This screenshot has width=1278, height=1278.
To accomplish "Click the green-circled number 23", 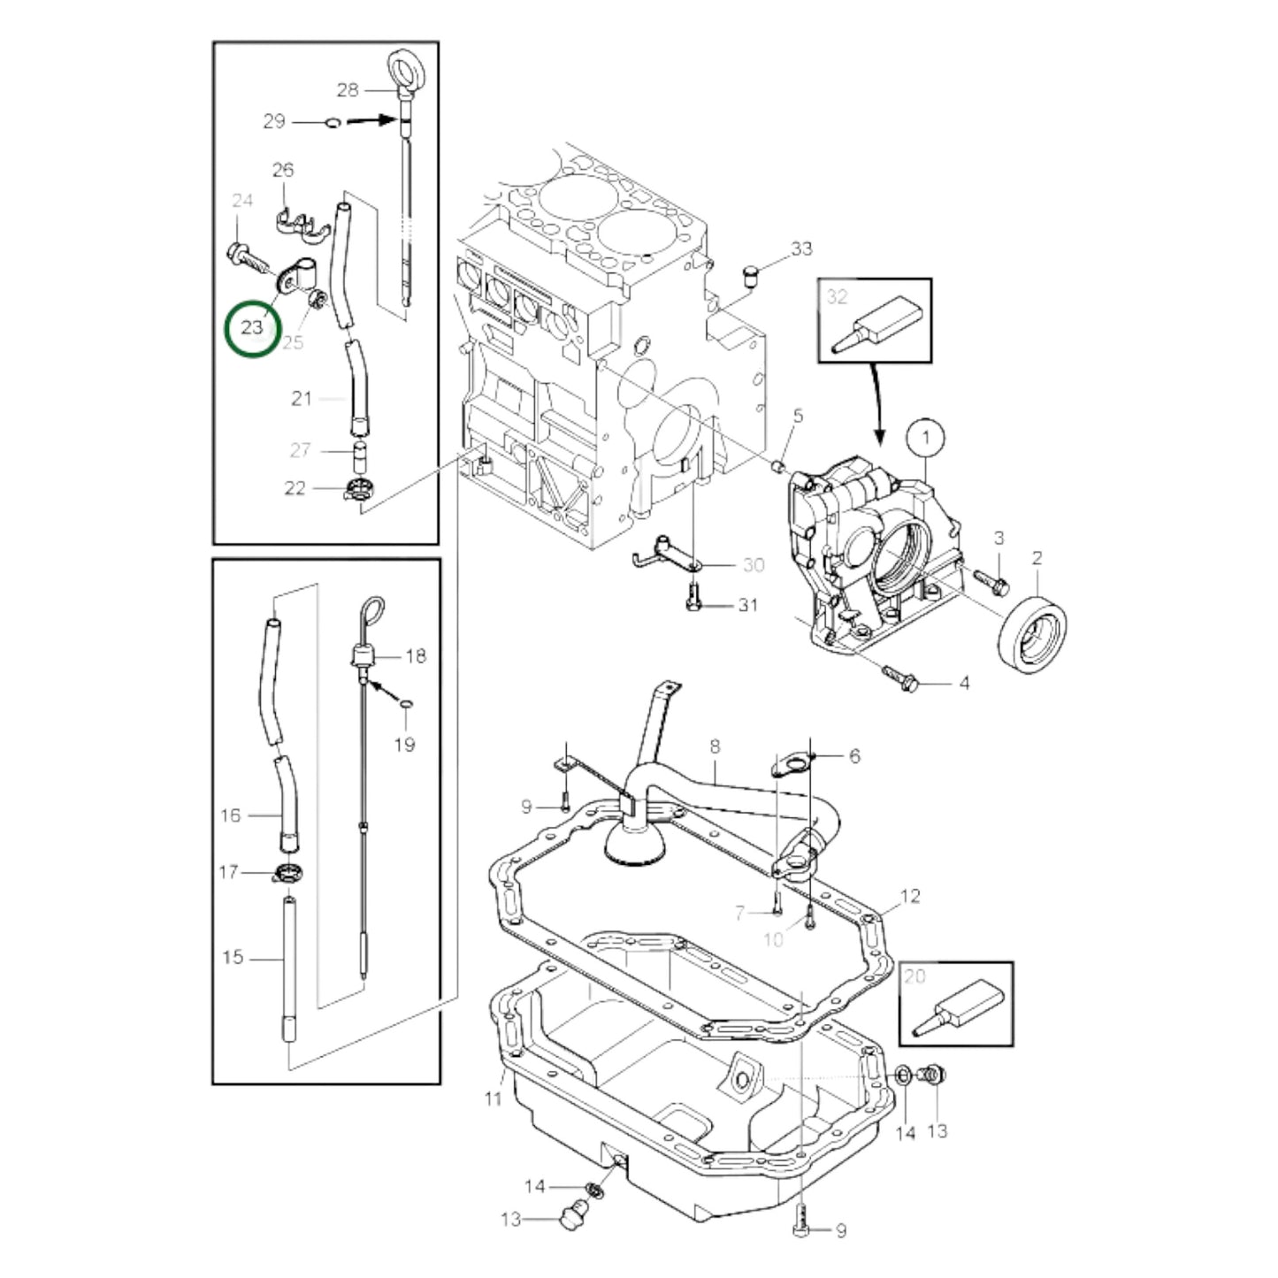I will pyautogui.click(x=252, y=327).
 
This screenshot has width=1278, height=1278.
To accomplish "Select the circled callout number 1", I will pyautogui.click(x=926, y=437).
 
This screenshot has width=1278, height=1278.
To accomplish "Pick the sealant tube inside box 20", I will pyautogui.click(x=959, y=1008).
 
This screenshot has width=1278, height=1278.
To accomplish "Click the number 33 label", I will pyautogui.click(x=801, y=249).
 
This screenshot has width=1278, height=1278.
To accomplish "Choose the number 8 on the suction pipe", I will pyautogui.click(x=715, y=747).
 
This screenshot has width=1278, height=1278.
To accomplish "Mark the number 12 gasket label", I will pyautogui.click(x=911, y=896).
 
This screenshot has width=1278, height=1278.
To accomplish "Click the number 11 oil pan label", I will pyautogui.click(x=494, y=1098).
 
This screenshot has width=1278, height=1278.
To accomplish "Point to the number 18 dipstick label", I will pyautogui.click(x=416, y=655).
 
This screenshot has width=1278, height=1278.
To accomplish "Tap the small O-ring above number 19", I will pyautogui.click(x=405, y=704).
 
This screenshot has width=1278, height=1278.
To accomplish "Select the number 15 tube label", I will pyautogui.click(x=233, y=957).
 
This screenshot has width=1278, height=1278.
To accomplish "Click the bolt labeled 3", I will pyautogui.click(x=991, y=580).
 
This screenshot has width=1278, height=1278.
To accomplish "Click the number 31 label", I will pyautogui.click(x=748, y=606).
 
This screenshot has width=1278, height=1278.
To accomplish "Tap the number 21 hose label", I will pyautogui.click(x=302, y=399).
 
